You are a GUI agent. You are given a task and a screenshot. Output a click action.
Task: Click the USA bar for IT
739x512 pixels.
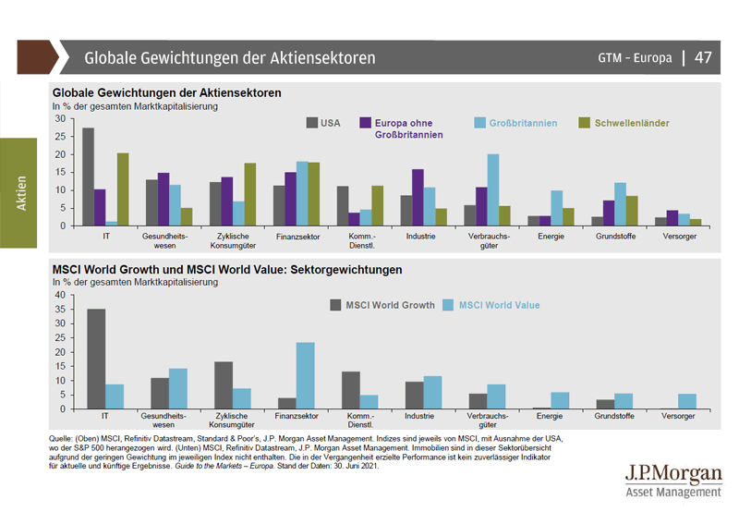pos(88,177)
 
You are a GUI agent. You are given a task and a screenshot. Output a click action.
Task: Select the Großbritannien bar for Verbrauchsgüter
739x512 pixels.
pos(493,189)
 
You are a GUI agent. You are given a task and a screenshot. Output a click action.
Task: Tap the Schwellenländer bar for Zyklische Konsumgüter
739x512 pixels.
pos(249,194)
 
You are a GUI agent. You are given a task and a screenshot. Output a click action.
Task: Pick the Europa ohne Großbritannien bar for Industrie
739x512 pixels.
pos(418,197)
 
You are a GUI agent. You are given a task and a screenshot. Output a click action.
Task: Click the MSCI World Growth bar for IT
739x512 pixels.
pos(96,359)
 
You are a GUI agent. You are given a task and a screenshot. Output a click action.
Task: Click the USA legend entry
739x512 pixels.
pos(323,123)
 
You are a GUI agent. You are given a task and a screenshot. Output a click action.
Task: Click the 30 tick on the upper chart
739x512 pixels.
pos(61,118)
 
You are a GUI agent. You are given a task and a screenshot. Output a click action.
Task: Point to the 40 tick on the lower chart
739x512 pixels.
pos(61,295)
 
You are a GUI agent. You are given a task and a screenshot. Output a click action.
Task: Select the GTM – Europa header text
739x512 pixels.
pos(635,58)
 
